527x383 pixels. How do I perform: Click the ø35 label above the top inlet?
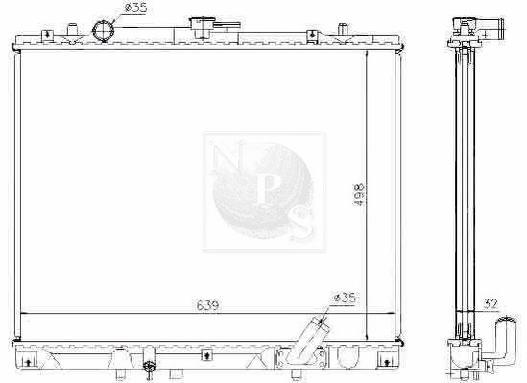(135, 8)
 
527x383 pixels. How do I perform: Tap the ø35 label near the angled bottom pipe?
(344, 298)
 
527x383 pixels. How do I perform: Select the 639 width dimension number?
(207, 305)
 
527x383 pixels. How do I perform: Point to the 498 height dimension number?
(359, 195)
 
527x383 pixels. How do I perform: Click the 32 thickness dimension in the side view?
(490, 304)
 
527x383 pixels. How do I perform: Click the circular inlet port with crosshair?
(103, 31)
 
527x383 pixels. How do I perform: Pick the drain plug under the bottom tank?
(148, 367)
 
